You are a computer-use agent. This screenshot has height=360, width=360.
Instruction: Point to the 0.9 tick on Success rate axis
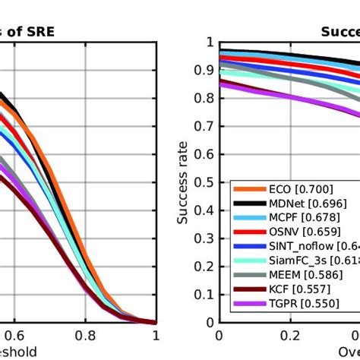204,70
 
